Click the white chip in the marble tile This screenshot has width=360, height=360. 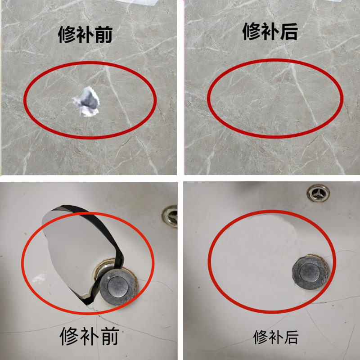87,101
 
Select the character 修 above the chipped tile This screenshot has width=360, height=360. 68,35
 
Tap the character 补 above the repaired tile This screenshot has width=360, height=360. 270,31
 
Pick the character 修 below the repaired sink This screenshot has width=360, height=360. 261,337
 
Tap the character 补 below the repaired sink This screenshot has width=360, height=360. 276,337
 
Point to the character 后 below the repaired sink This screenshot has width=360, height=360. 291,337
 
